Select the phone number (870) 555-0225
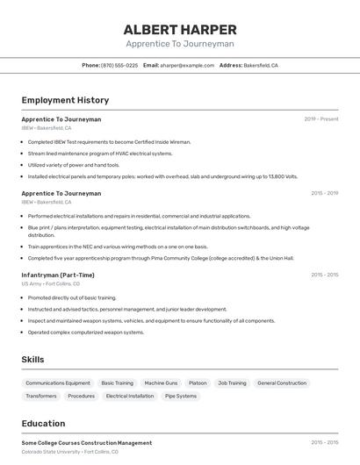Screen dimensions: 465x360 (119, 66)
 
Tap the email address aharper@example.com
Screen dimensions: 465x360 (188, 66)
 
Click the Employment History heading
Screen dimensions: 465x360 (65, 101)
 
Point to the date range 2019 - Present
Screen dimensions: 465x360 (321, 119)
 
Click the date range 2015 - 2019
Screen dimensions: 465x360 (324, 193)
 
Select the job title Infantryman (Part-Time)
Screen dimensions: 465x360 (58, 275)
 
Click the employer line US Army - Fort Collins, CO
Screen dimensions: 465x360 (51, 284)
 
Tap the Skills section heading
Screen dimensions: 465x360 (32, 360)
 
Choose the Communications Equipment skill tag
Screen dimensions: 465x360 (58, 383)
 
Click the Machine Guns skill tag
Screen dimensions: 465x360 (161, 383)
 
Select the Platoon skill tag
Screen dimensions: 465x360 (198, 383)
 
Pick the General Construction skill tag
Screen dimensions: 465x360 (282, 383)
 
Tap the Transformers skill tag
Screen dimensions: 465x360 (41, 396)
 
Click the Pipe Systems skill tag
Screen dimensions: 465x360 (181, 396)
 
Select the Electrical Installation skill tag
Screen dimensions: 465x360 (130, 396)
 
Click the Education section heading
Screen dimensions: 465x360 (43, 424)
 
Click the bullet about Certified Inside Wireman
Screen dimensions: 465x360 (109, 141)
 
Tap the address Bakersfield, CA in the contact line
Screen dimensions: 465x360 (261, 66)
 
